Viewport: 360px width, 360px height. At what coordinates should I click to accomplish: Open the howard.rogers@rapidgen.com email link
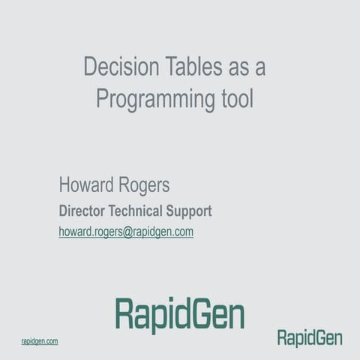coord(126,232)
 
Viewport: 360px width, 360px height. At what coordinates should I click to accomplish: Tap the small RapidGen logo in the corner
coord(310,338)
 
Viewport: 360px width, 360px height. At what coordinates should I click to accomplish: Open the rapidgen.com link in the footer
coord(40,341)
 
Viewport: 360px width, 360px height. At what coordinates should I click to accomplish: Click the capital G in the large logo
coord(199,313)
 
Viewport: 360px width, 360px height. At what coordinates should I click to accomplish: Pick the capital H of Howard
coord(65,186)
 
